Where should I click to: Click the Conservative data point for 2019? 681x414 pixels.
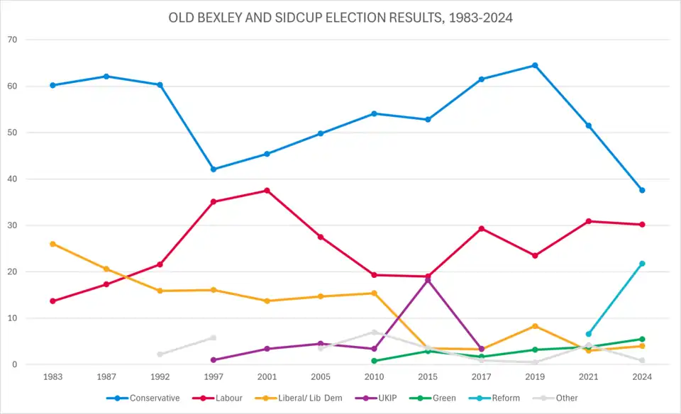click(535, 65)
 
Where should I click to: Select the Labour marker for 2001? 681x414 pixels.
click(267, 191)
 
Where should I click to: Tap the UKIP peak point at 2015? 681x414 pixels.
click(428, 280)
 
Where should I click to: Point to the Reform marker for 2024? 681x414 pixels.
click(642, 264)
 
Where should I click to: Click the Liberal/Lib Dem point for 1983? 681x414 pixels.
click(52, 244)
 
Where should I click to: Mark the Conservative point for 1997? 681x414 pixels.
click(214, 169)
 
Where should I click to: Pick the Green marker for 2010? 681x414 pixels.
click(374, 361)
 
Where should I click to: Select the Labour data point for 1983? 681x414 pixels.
click(52, 301)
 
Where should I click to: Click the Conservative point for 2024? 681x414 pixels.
click(642, 190)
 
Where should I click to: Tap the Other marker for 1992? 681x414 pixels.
click(160, 354)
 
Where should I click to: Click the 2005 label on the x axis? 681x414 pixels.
click(321, 377)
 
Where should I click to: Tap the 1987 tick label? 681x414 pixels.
click(106, 377)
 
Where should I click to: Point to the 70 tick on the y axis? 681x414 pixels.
click(12, 40)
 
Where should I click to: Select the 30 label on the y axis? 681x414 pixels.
click(12, 225)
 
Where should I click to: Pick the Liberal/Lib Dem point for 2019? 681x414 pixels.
click(535, 326)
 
